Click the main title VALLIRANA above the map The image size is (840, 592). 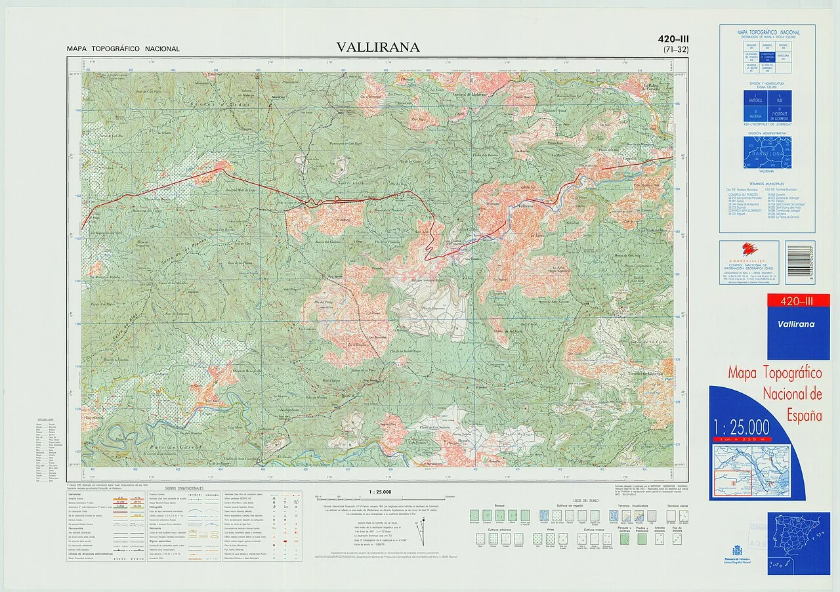[377, 47]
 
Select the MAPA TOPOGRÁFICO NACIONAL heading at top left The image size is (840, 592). [123, 49]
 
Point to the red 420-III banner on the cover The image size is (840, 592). [798, 301]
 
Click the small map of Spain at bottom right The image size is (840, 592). [799, 539]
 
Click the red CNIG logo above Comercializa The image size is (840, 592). [749, 249]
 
